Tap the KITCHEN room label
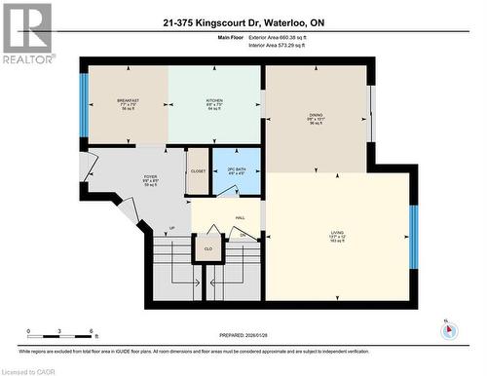[214, 100]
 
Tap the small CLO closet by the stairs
[208, 249]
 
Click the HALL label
[240, 218]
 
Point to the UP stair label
[173, 230]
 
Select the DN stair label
[242, 235]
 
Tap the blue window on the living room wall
[413, 237]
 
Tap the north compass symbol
[448, 329]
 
